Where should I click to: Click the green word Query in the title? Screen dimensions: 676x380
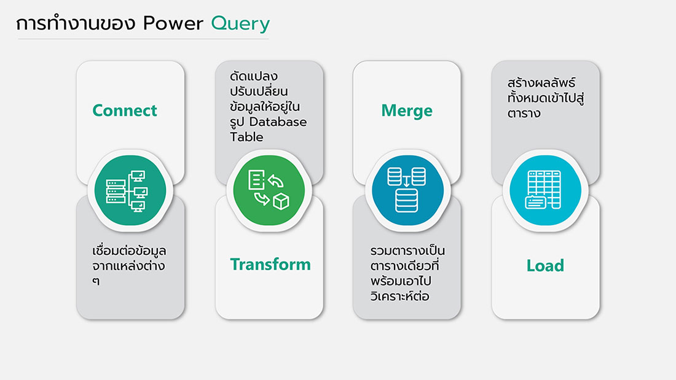pos(240,24)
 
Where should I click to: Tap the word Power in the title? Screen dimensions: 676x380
pos(173,23)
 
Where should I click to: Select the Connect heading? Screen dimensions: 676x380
pos(125,111)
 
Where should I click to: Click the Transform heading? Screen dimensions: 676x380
pos(270,264)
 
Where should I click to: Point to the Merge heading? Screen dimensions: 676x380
pos(407,111)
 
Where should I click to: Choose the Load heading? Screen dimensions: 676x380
pos(545,265)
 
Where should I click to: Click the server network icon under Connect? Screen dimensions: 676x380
pos(127,191)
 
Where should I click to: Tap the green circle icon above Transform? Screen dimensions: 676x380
pos(269,190)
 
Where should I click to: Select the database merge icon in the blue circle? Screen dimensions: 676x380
pos(407,190)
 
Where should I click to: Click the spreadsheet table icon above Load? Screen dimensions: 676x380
pos(543,190)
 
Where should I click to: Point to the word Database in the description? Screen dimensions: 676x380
pos(278,122)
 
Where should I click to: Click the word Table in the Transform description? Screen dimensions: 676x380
pos(246,137)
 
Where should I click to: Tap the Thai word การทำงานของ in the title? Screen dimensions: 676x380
pos(76,23)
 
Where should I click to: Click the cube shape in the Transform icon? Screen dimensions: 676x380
pos(281,201)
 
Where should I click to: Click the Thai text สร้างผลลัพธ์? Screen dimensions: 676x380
pos(541,82)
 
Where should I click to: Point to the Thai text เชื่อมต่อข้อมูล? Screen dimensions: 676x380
pos(129,250)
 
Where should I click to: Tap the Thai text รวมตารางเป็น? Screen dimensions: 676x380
pos(407,250)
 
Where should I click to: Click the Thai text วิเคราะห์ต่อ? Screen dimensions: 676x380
pos(399,296)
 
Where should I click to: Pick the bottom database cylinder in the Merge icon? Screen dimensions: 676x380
pos(407,201)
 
